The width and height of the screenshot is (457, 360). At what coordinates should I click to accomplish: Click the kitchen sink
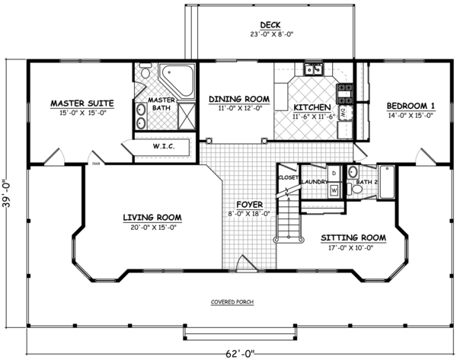(x=312, y=72)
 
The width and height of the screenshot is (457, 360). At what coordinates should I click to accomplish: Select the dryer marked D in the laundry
(x=333, y=174)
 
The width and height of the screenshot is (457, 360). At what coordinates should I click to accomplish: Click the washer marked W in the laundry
(x=334, y=190)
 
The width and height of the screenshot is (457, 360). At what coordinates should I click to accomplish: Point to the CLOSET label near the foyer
(x=287, y=177)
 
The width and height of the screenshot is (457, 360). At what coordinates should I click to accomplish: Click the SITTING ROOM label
(x=351, y=237)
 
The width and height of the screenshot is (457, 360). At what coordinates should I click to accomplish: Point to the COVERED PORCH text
(x=232, y=301)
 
